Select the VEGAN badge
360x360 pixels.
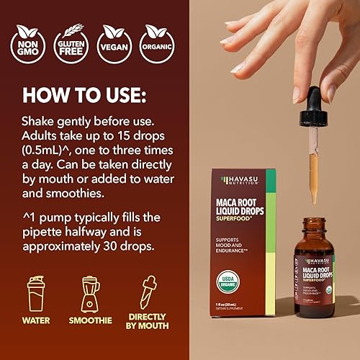coord(116,42)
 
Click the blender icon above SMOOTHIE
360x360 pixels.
coord(91,294)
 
